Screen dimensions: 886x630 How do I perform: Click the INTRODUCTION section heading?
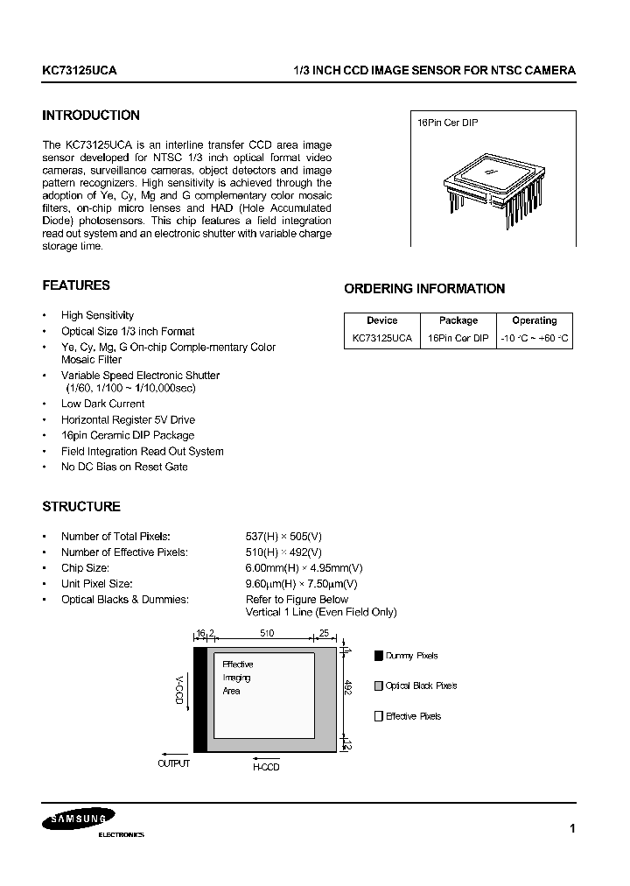tap(91, 116)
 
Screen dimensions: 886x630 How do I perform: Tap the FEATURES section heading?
tap(76, 285)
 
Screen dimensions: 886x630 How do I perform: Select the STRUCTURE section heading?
tap(81, 507)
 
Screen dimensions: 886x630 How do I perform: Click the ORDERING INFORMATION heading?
tap(424, 289)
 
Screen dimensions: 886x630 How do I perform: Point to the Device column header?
tap(381, 320)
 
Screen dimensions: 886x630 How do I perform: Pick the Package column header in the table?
tap(458, 320)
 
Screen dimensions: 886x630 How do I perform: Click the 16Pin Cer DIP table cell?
tap(458, 338)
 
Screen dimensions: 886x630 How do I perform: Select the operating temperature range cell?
tap(535, 338)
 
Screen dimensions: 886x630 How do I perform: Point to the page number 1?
tap(572, 828)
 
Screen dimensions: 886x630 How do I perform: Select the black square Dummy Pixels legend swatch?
tap(379, 656)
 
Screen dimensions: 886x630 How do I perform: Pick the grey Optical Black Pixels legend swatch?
tap(379, 686)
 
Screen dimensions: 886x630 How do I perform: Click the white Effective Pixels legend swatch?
tap(379, 716)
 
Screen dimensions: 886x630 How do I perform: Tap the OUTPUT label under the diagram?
tap(173, 764)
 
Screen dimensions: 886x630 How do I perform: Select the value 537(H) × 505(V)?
tap(283, 536)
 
